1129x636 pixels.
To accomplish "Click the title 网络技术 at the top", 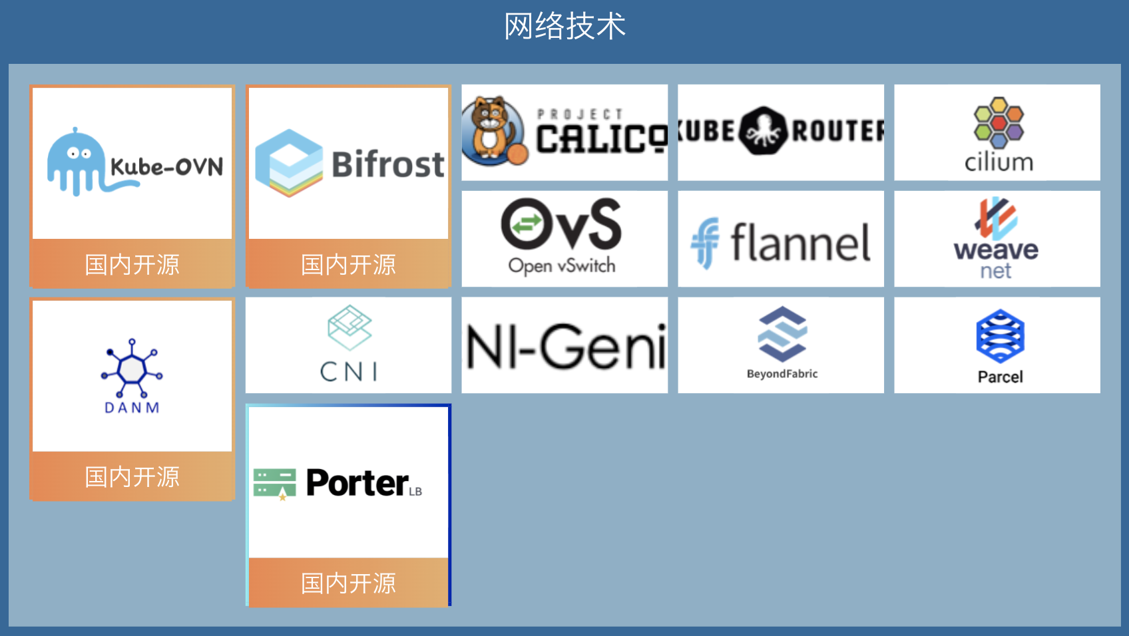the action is [x=564, y=27].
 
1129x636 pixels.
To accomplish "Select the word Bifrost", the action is [x=388, y=164].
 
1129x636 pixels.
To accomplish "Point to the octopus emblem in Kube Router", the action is [x=763, y=131].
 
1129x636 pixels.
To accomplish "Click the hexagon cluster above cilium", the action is [x=999, y=122].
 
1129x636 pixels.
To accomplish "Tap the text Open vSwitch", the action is [x=562, y=265].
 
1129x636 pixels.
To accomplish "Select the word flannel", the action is [x=801, y=243].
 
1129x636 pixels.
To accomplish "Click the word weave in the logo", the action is [x=996, y=250].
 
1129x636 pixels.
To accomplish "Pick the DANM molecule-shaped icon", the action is [x=132, y=368].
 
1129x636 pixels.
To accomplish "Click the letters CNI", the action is [x=349, y=371].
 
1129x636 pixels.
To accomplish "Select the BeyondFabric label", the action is [x=782, y=374].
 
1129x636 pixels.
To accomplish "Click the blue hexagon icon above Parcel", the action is [x=1000, y=335].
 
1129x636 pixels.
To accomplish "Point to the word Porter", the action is [x=357, y=483].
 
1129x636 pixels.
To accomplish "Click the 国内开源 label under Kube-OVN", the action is [x=132, y=264].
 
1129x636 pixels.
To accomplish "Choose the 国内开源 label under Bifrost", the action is [x=348, y=264].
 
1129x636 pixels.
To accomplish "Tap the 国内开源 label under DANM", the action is [x=132, y=476].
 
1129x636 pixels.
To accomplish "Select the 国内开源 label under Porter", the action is [x=348, y=583].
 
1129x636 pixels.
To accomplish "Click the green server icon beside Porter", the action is [x=274, y=484].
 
